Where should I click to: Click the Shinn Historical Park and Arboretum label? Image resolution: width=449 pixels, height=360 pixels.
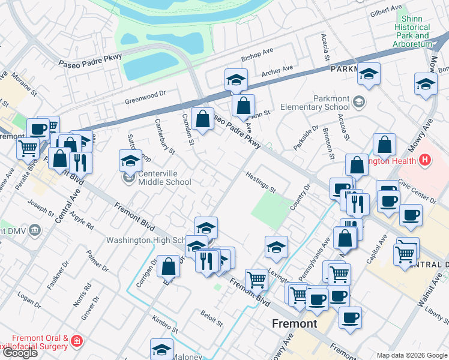coord(412,32)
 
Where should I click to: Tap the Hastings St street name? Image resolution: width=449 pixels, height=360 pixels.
coord(260,182)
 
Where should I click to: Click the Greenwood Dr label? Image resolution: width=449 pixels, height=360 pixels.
coord(145,97)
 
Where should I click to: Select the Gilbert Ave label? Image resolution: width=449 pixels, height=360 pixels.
coord(386,12)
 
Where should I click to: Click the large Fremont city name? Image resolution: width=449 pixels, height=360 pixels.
coord(294,324)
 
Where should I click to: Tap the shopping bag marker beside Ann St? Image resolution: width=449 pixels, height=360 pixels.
coord(243,107)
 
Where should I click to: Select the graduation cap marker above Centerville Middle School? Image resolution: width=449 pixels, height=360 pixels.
coord(130,160)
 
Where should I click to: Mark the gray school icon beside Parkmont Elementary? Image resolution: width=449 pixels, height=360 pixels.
coord(359,101)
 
